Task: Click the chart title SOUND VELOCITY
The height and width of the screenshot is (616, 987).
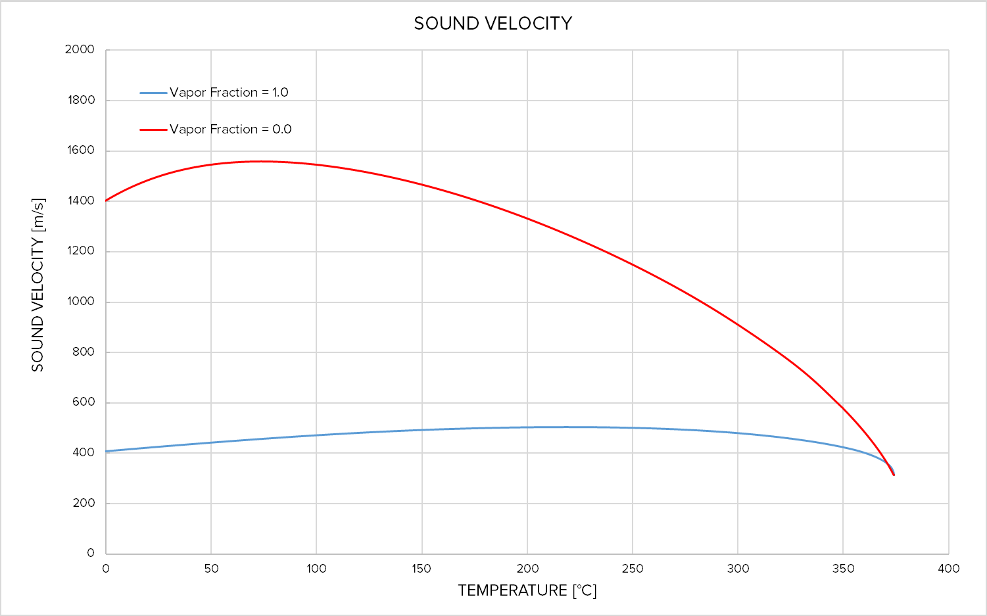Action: (493, 24)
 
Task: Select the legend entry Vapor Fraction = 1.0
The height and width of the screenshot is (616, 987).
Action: (229, 93)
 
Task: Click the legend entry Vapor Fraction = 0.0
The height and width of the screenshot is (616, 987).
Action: (230, 130)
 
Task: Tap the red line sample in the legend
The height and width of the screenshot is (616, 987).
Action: (153, 130)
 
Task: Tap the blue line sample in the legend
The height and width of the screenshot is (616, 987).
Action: (153, 93)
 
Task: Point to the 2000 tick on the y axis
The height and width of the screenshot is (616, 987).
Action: (80, 49)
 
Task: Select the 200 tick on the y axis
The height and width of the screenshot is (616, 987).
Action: (83, 503)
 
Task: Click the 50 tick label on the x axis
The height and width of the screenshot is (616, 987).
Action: (211, 569)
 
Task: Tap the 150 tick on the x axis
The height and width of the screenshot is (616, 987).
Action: (421, 569)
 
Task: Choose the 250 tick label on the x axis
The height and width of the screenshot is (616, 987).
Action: (633, 569)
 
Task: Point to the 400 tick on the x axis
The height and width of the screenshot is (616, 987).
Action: (948, 569)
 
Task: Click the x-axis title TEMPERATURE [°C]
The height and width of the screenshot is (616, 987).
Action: (527, 590)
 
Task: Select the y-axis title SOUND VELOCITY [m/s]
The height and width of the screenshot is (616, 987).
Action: (37, 285)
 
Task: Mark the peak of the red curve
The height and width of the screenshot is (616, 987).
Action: (260, 161)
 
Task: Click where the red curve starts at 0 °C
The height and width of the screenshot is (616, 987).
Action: (106, 201)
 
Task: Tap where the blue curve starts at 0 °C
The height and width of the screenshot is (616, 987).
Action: (106, 451)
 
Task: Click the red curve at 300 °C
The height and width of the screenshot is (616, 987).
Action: (738, 325)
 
